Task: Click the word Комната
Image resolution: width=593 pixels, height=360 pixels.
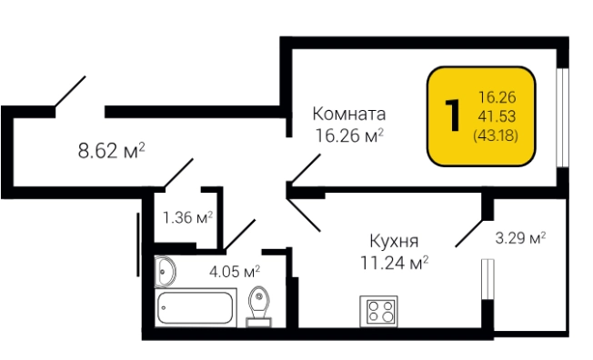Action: point(349,115)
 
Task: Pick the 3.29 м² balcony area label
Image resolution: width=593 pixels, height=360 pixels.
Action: point(519,239)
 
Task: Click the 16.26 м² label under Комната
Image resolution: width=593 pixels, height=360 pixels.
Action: point(349,136)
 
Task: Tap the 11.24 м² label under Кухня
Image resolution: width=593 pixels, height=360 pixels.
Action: point(394,263)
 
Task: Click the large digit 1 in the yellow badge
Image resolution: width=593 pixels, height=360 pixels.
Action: point(450,115)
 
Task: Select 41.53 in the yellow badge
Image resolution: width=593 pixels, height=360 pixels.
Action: point(496,115)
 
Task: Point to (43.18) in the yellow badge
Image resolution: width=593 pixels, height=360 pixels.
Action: point(496,134)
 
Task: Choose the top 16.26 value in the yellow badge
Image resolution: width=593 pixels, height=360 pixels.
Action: point(496,96)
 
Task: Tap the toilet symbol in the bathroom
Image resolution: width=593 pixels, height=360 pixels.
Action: point(258,305)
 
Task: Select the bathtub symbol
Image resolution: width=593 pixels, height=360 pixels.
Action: point(196,308)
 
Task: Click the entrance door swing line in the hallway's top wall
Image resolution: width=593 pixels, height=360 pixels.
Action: point(70,93)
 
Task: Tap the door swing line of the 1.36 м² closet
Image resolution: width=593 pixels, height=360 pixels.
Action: point(177,174)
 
